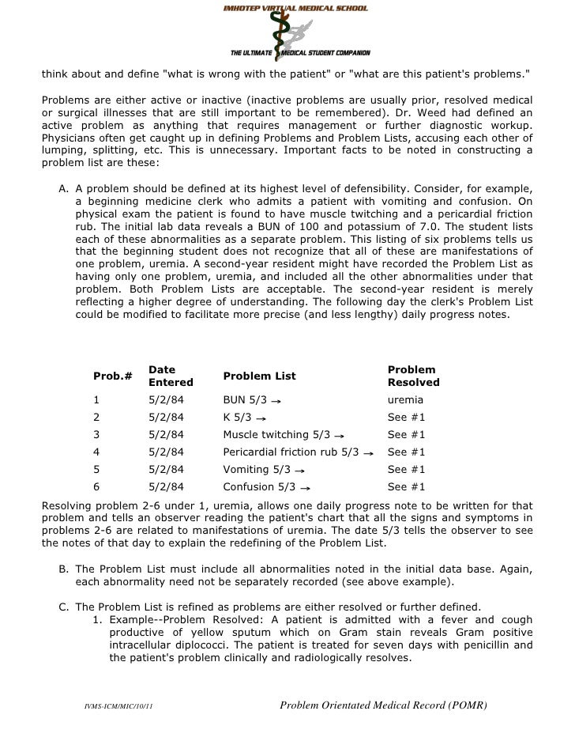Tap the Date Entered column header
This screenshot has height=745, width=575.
click(x=171, y=376)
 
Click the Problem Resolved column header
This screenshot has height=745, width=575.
click(x=413, y=376)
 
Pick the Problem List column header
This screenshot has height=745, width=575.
click(x=258, y=376)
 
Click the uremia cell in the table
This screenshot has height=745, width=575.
click(x=405, y=400)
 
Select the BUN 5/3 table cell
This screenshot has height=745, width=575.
click(x=246, y=400)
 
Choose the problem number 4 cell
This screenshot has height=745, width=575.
click(x=97, y=452)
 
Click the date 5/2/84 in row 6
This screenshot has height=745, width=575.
click(x=166, y=487)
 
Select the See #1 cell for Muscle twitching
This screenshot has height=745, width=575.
click(x=406, y=435)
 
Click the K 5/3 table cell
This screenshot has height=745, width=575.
click(x=239, y=418)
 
